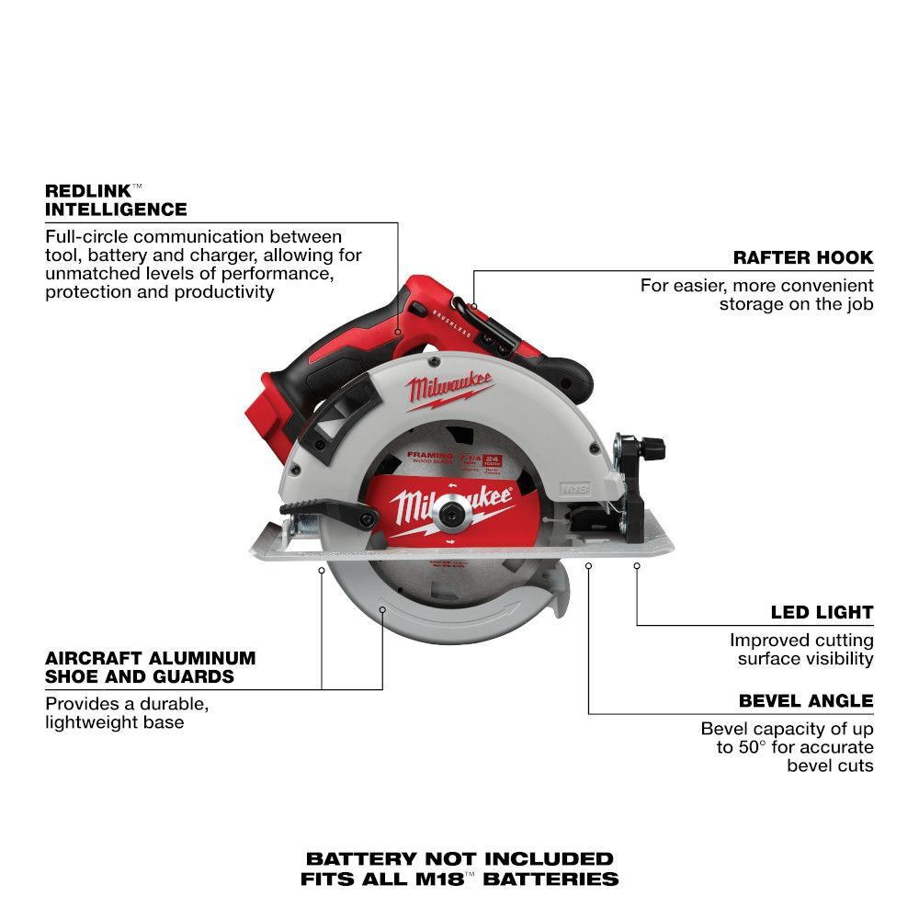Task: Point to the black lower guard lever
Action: coord(327,511)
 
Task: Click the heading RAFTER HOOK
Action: coord(802,258)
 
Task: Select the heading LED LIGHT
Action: coord(822,612)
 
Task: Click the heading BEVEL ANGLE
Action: coord(806,701)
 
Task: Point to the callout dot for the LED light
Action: coord(637,567)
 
